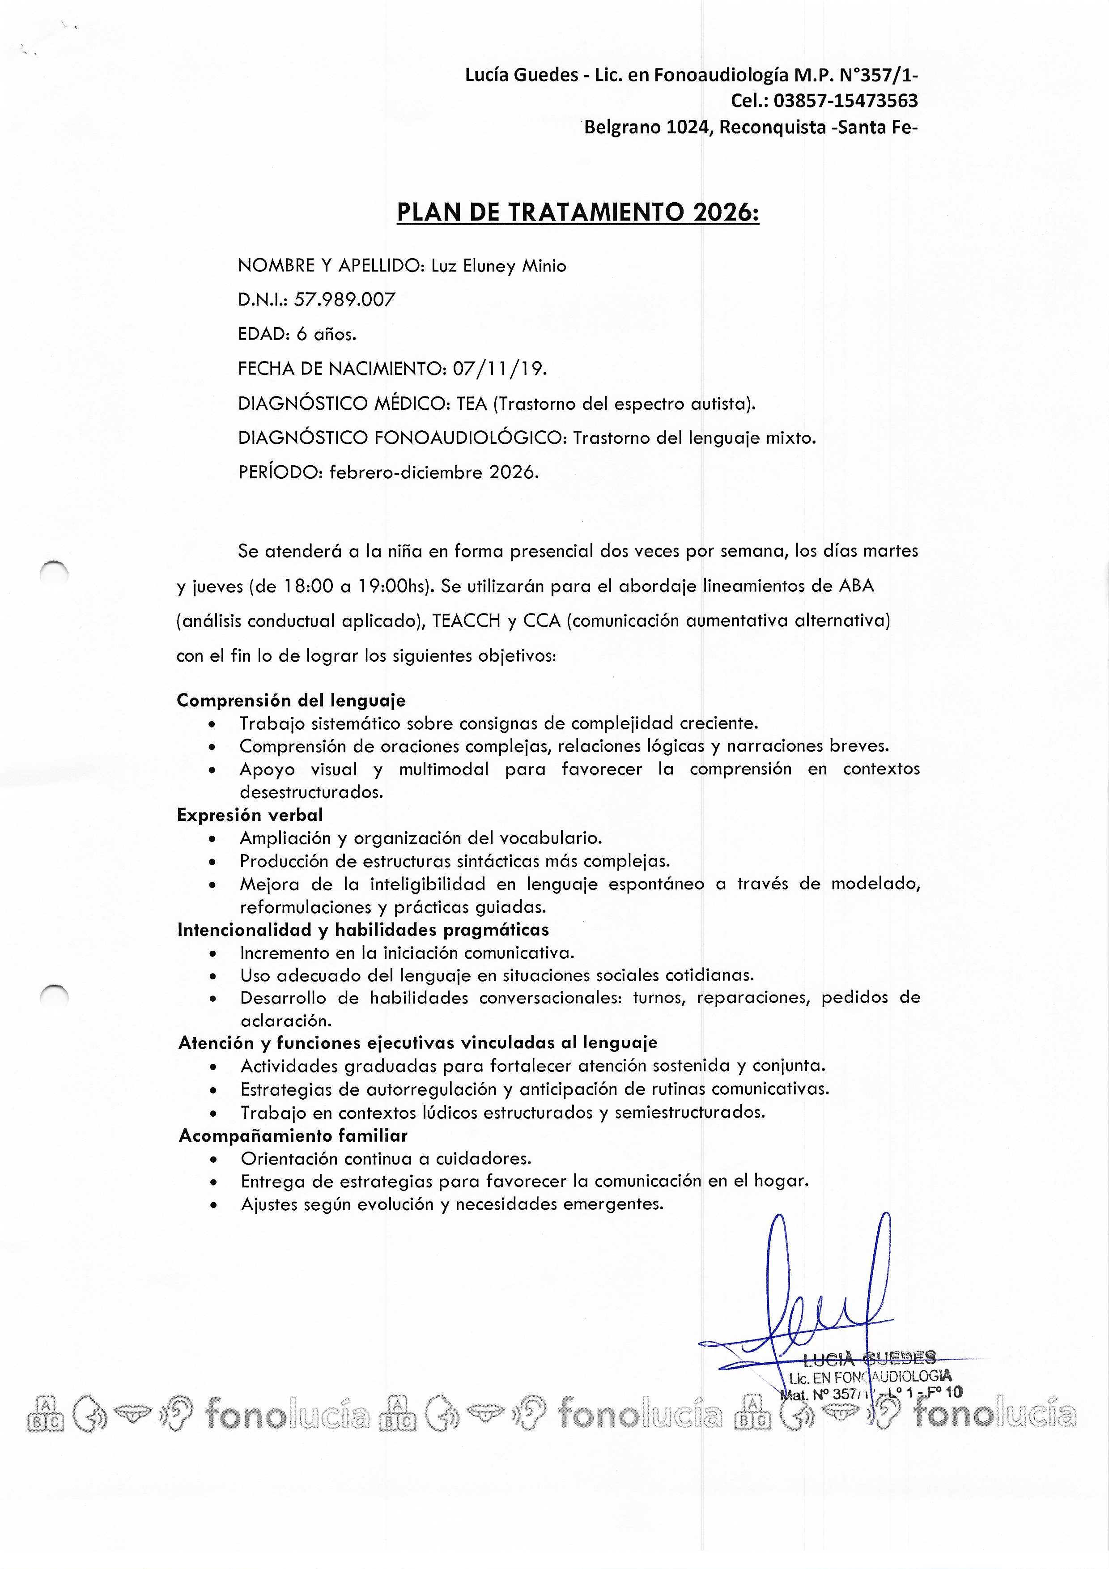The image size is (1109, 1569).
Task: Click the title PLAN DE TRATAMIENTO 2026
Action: [578, 213]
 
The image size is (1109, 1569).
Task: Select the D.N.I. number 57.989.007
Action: [344, 299]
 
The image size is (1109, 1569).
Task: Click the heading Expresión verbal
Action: [250, 815]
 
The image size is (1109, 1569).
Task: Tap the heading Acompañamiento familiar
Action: [293, 1136]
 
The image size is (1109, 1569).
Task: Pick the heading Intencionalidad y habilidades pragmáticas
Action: [363, 930]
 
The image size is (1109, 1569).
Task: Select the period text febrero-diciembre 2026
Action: [434, 472]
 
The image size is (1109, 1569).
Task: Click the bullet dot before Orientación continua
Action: [215, 1160]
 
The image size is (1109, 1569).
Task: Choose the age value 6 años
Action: [326, 334]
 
